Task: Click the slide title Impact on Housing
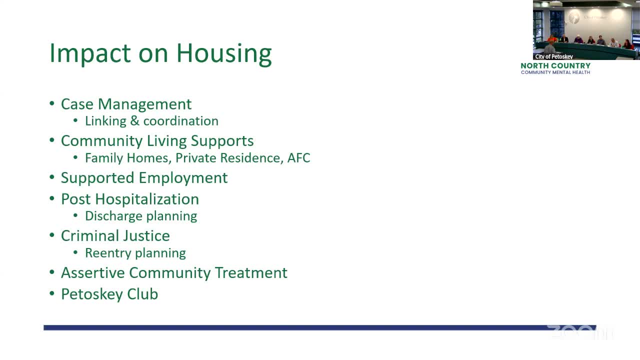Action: tap(160, 53)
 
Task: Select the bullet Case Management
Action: tap(126, 104)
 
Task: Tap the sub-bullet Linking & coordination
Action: tap(151, 121)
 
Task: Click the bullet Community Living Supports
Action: tap(157, 141)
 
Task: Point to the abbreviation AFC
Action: tap(298, 158)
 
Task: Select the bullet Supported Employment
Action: tap(144, 178)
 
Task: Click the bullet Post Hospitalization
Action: tap(129, 199)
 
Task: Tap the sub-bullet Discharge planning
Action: tap(141, 216)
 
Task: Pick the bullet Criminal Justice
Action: tap(115, 236)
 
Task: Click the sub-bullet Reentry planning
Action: tap(135, 253)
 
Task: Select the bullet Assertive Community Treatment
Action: tap(174, 273)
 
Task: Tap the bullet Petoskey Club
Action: tap(109, 294)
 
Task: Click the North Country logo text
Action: tap(555, 66)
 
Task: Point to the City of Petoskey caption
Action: tap(554, 56)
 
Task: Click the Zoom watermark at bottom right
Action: tap(580, 332)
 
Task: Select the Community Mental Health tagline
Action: tap(555, 72)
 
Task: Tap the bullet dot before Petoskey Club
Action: tap(52, 294)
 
